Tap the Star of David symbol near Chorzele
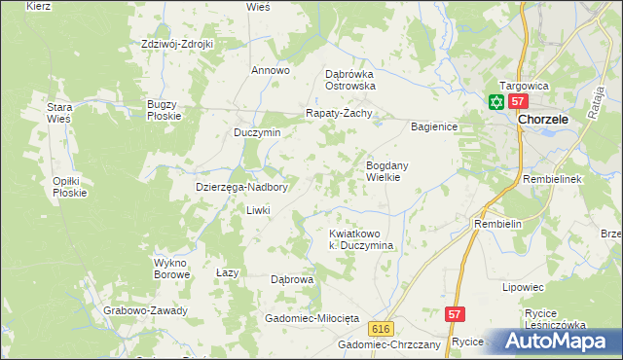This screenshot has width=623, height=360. coord(495,102)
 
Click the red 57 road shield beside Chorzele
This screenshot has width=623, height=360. coord(518,102)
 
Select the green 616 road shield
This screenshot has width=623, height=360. coord(381,329)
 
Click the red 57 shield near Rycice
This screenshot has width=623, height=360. coord(456,314)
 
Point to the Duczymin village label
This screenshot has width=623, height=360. coord(257,132)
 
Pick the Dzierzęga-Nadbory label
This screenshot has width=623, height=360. coord(241,188)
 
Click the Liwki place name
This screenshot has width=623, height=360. coord(257,210)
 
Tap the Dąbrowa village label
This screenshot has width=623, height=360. coord(292,279)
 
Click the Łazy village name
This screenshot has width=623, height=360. coord(227,273)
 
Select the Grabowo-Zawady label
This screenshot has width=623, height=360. coord(145,311)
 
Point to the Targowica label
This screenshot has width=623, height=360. coord(525,85)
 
